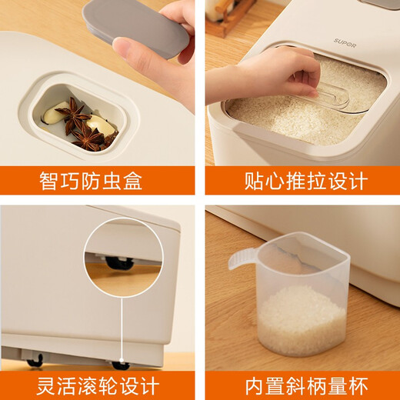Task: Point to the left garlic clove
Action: point(52,114)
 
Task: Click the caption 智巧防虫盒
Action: point(91,182)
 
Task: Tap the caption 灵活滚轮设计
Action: point(91,385)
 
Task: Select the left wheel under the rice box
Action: point(35,362)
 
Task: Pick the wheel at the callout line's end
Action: point(120,364)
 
